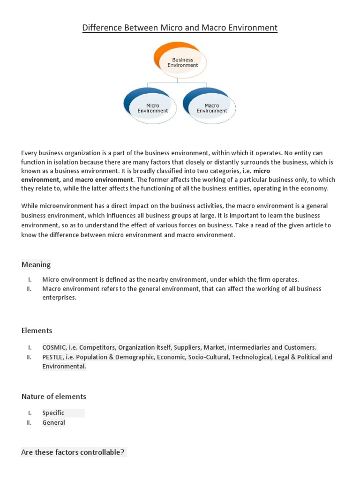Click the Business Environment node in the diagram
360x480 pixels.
[182, 63]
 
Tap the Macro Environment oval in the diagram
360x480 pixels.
[211, 108]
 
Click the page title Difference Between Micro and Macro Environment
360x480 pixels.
[180, 28]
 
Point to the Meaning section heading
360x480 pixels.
[36, 264]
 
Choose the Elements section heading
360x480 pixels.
[37, 330]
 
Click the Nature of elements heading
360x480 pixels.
[54, 397]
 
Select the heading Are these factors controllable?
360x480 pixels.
[73, 452]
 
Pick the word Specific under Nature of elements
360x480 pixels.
[53, 413]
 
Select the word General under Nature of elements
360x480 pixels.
[53, 422]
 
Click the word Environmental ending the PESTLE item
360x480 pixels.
[64, 367]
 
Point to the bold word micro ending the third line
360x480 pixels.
[262, 171]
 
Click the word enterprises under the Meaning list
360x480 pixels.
[59, 298]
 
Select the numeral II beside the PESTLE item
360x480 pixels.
[29, 357]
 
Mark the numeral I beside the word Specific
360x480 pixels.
[30, 413]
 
